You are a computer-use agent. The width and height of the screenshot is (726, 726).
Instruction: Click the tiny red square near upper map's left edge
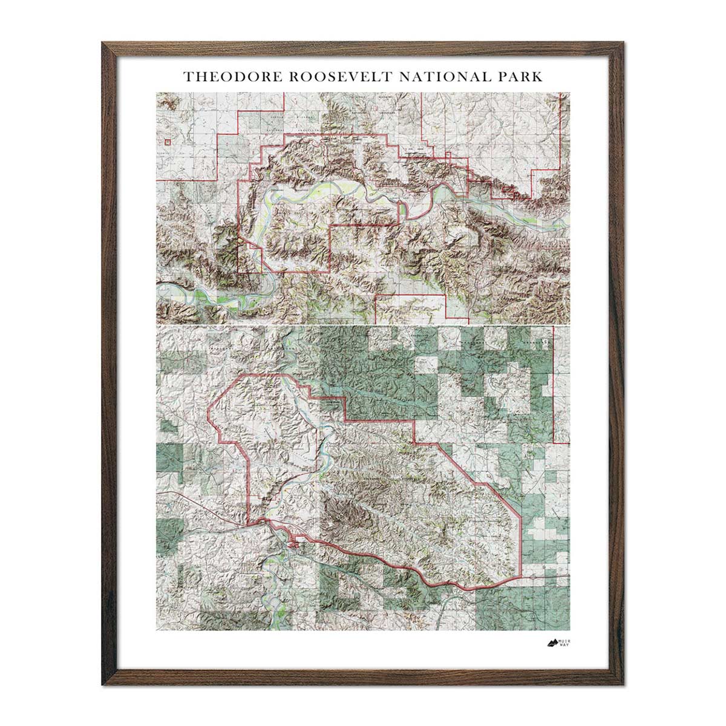coord(167,143)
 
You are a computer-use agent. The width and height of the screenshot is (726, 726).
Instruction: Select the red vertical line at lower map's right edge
coord(553,387)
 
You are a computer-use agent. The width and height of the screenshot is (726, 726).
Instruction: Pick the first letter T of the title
coord(188,77)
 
